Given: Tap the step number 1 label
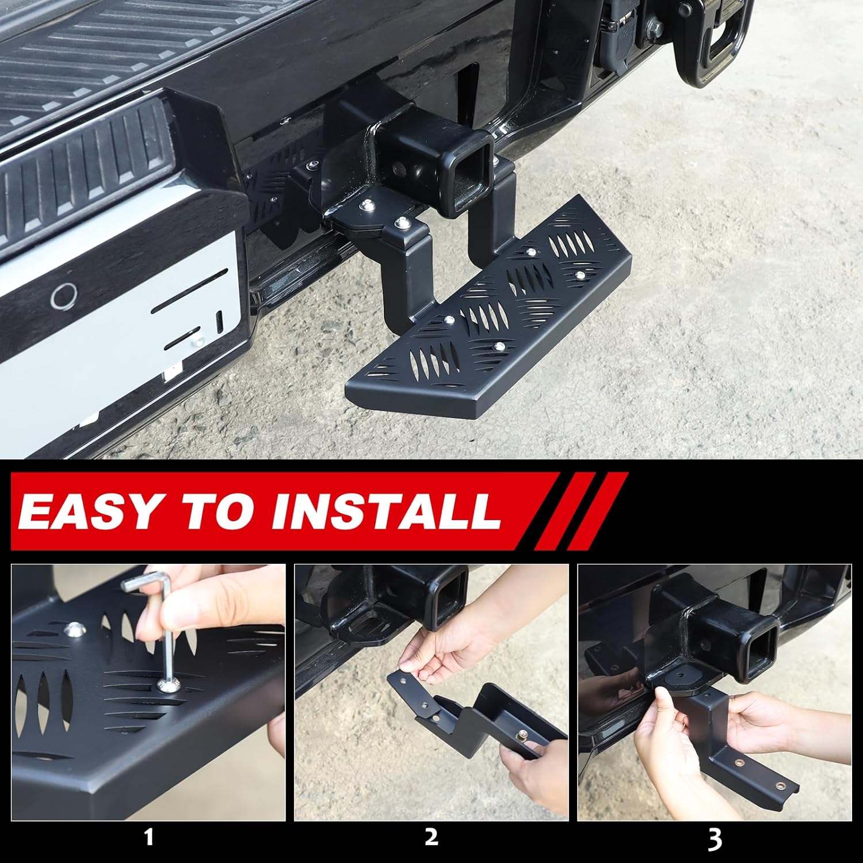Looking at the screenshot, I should point(148,837).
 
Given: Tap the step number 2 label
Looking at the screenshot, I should point(431,837).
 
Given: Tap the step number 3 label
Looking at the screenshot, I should point(714,839).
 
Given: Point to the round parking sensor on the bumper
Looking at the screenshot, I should point(63,296).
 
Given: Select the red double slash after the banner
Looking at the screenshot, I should point(581,510).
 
